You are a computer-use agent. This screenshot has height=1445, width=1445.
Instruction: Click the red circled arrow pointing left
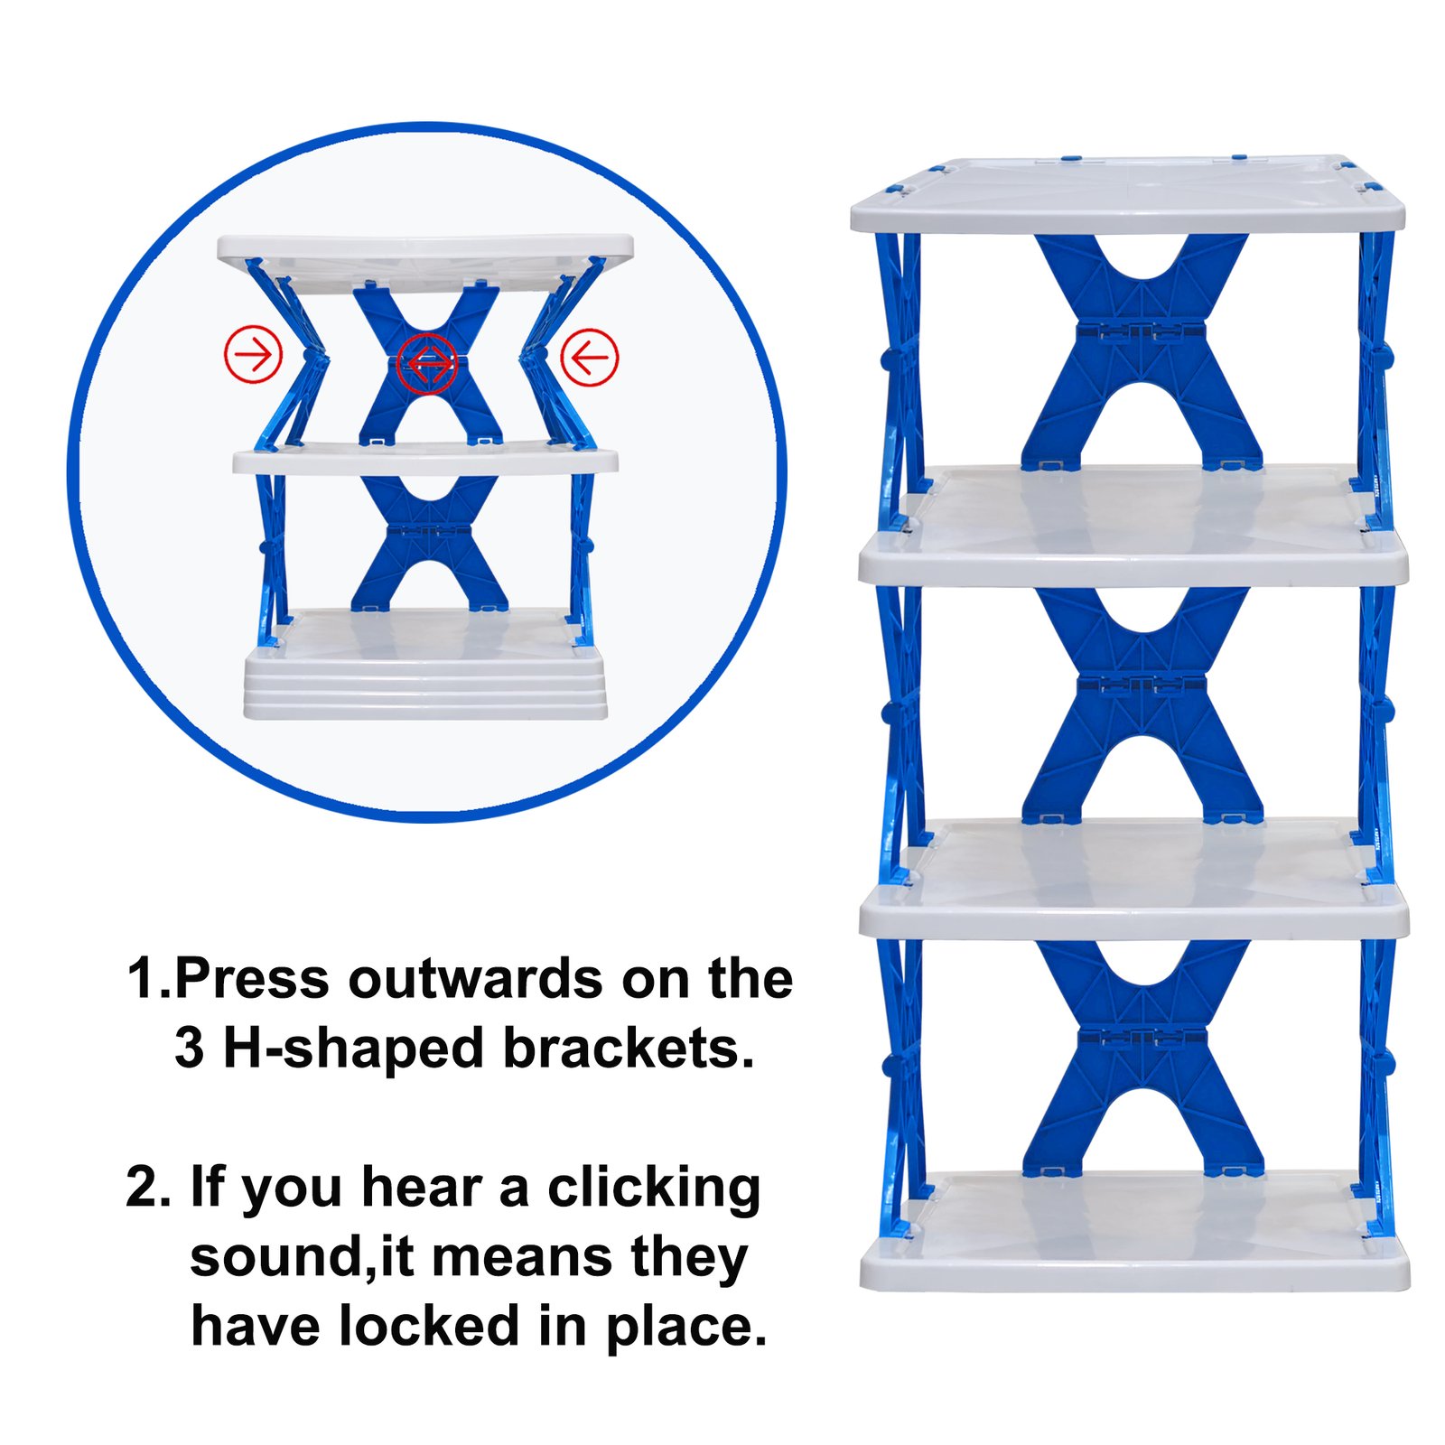pyautogui.click(x=590, y=357)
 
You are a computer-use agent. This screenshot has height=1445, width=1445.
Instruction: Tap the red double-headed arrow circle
pyautogui.click(x=427, y=363)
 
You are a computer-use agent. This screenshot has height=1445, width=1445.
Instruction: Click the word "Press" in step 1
pyautogui.click(x=251, y=979)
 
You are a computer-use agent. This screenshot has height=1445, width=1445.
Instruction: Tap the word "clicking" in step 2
pyautogui.click(x=654, y=1189)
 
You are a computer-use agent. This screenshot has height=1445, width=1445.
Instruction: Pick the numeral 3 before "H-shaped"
pyautogui.click(x=189, y=1049)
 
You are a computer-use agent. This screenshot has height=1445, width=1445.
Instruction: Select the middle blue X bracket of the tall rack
pyautogui.click(x=1142, y=705)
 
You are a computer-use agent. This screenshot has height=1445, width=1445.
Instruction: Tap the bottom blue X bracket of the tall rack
pyautogui.click(x=1142, y=1058)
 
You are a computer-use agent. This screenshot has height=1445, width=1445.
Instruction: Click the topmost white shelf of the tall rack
pyautogui.click(x=1128, y=194)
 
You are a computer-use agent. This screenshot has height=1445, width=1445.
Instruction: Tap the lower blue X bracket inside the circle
pyautogui.click(x=429, y=543)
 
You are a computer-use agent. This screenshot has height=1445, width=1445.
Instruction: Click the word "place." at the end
pyautogui.click(x=685, y=1328)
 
